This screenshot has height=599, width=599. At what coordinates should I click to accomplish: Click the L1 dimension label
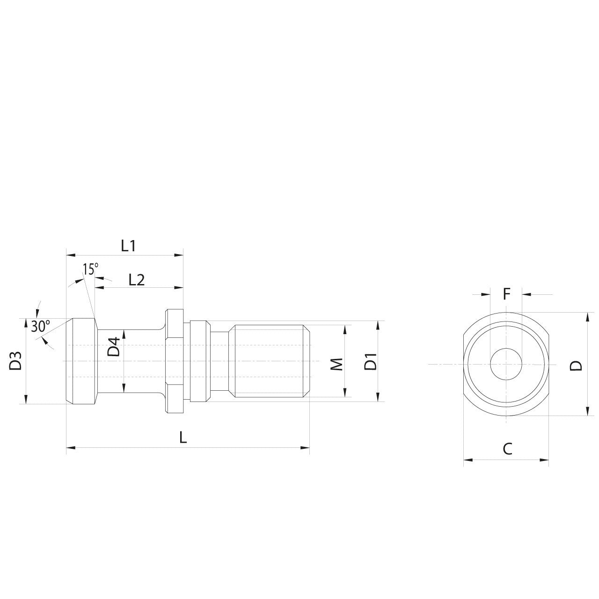128,246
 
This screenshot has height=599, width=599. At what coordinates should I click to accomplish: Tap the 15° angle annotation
91,269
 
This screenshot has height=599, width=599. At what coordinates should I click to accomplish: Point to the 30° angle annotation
41,326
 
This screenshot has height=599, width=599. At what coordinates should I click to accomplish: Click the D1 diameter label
371,362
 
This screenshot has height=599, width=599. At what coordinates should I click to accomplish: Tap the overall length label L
183,438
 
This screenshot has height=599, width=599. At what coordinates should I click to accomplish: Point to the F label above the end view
506,294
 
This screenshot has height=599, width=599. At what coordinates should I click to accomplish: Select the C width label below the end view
507,449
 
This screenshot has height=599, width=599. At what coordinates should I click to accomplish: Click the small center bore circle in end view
506,364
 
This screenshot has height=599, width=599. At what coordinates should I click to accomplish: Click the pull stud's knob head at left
81,361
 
